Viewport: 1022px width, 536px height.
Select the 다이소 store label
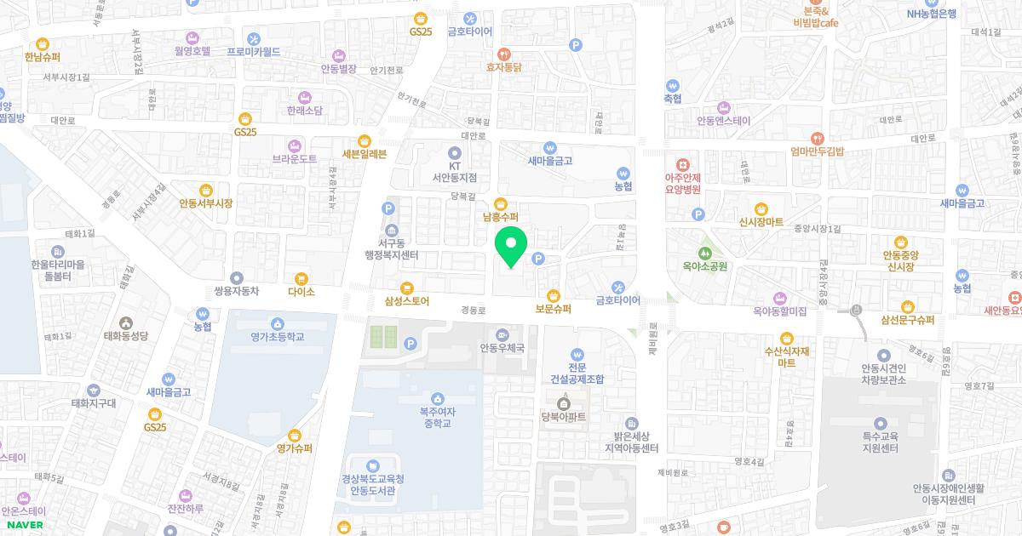[301, 292]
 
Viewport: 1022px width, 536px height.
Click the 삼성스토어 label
[407, 300]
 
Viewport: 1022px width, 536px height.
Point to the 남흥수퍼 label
[500, 217]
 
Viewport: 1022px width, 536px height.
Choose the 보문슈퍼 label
[554, 308]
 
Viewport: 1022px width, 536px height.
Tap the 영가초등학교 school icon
[277, 323]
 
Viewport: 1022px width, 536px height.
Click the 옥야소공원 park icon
[704, 253]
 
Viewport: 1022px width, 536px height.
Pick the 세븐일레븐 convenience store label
[364, 154]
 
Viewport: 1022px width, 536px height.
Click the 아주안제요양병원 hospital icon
[681, 164]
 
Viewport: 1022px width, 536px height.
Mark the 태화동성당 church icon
[126, 322]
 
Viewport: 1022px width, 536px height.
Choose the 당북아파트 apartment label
[563, 417]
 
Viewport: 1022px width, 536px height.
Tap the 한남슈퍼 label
[43, 57]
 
